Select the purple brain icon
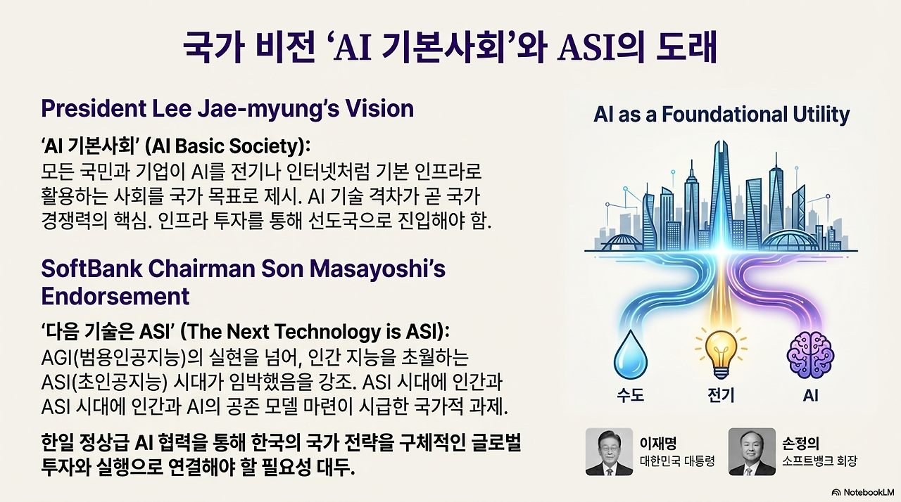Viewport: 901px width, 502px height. point(809,356)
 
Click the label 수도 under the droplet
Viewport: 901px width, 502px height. point(631,395)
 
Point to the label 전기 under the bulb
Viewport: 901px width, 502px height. point(721,395)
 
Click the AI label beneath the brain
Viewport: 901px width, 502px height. point(810,395)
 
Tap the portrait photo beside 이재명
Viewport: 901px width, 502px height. point(609,451)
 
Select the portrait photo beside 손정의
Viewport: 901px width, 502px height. point(752,451)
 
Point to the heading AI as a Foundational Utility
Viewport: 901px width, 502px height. point(722,114)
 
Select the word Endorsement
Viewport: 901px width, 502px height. point(115,296)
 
